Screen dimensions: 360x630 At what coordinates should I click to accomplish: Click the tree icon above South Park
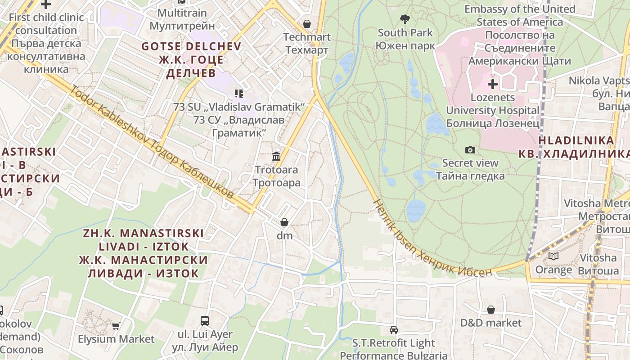pos(405,19)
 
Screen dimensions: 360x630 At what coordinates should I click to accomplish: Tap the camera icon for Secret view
pos(470,150)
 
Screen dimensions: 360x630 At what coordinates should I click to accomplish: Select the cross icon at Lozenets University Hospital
pos(493,84)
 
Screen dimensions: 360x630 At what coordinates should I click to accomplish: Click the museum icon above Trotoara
pos(276,156)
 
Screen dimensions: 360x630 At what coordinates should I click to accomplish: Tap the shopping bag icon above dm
pos(284,222)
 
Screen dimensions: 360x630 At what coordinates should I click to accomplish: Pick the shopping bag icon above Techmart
pos(307,23)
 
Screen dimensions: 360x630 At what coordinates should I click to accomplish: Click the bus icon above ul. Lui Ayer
pos(205,320)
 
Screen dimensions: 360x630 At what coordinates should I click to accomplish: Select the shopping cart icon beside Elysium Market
pos(116,326)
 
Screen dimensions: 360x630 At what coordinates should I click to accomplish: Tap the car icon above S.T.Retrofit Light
pos(394,330)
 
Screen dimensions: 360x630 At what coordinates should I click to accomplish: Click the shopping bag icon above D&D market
pos(490,310)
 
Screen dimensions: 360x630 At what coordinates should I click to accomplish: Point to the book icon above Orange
pos(553,256)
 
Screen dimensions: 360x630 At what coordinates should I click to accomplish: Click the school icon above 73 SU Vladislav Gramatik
pos(238,94)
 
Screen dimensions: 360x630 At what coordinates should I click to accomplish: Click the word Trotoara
pos(276,170)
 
